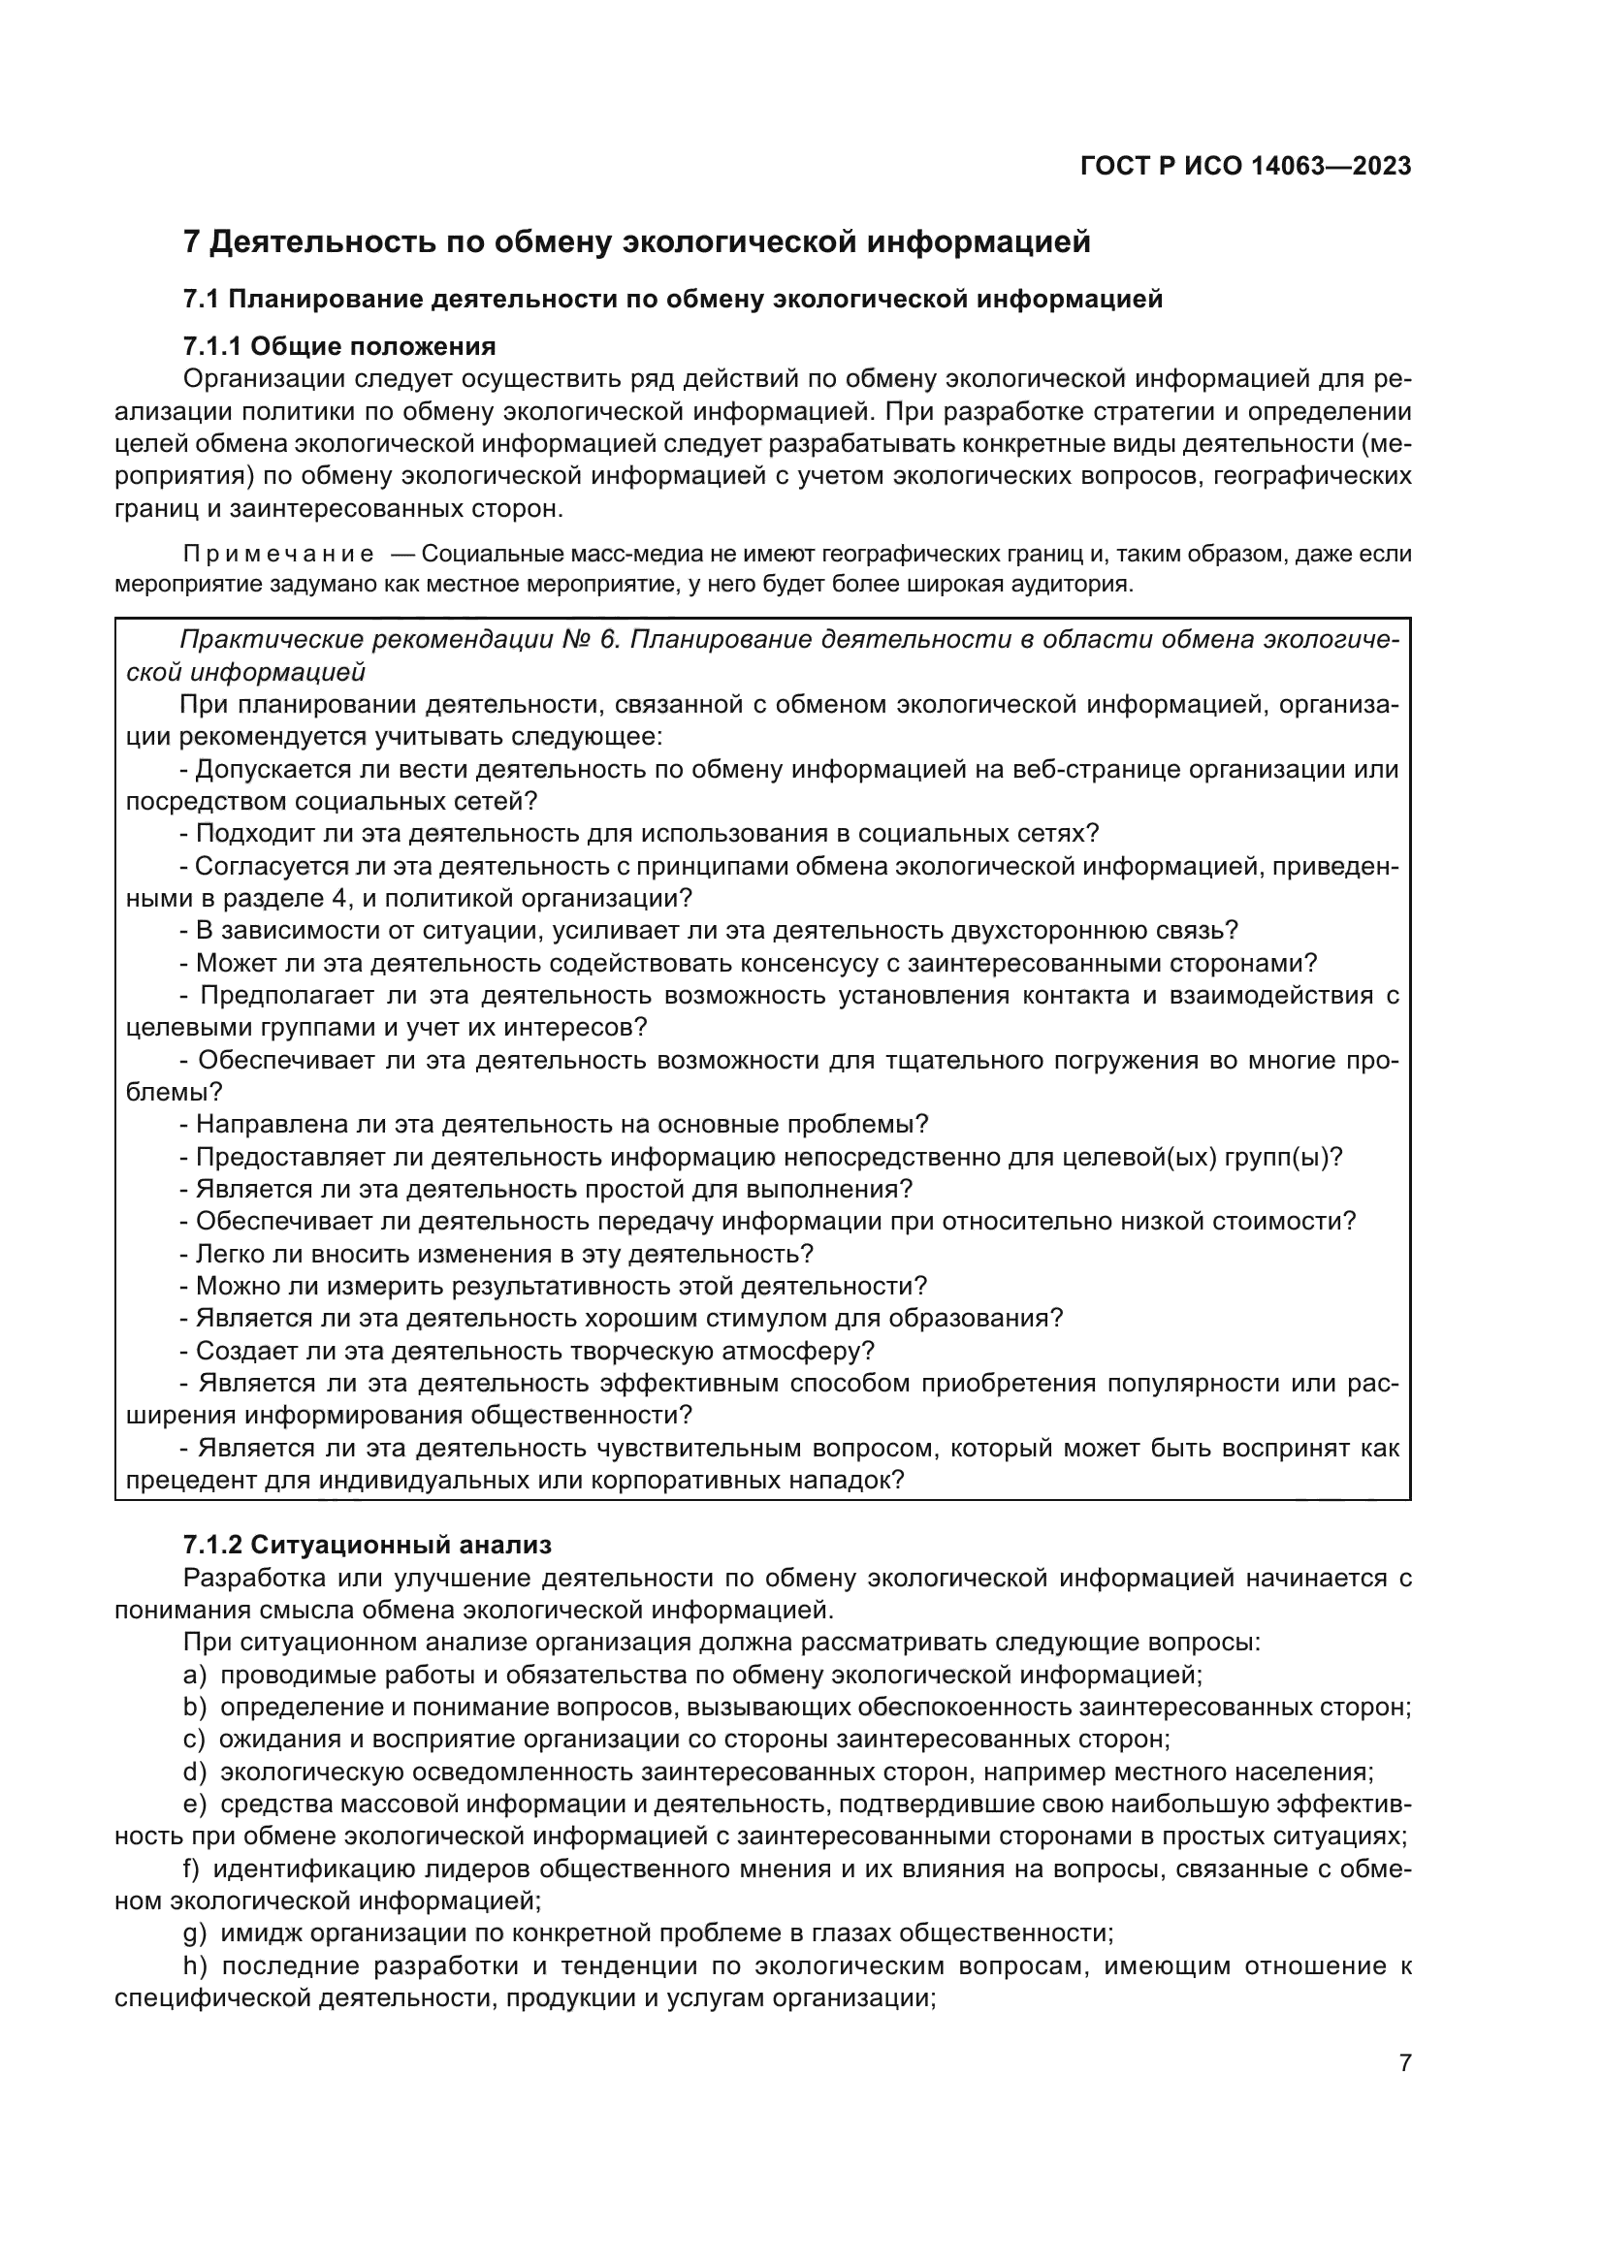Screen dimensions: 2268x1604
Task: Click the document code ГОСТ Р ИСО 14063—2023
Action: click(x=1245, y=166)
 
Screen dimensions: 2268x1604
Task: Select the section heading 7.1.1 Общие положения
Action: click(x=339, y=346)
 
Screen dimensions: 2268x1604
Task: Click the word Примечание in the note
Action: click(x=278, y=555)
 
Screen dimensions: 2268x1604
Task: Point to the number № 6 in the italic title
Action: click(x=590, y=639)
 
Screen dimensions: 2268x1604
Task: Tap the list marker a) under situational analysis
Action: click(x=195, y=1675)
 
